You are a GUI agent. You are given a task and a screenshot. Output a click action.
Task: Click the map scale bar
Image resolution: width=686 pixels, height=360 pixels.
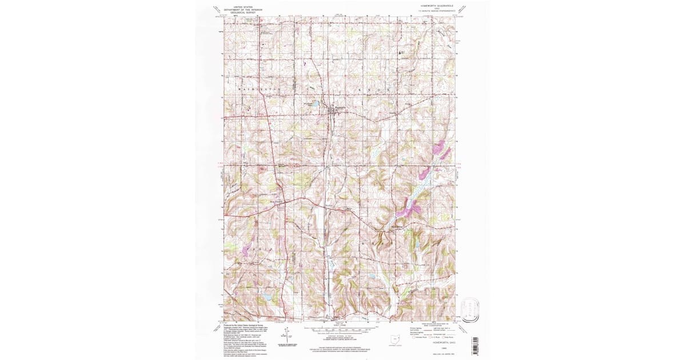(342, 329)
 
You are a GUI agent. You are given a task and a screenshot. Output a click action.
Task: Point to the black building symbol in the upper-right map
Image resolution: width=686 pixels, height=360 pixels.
(400, 53)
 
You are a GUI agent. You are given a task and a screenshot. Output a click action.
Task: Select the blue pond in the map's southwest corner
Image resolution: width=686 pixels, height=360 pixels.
(266, 297)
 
